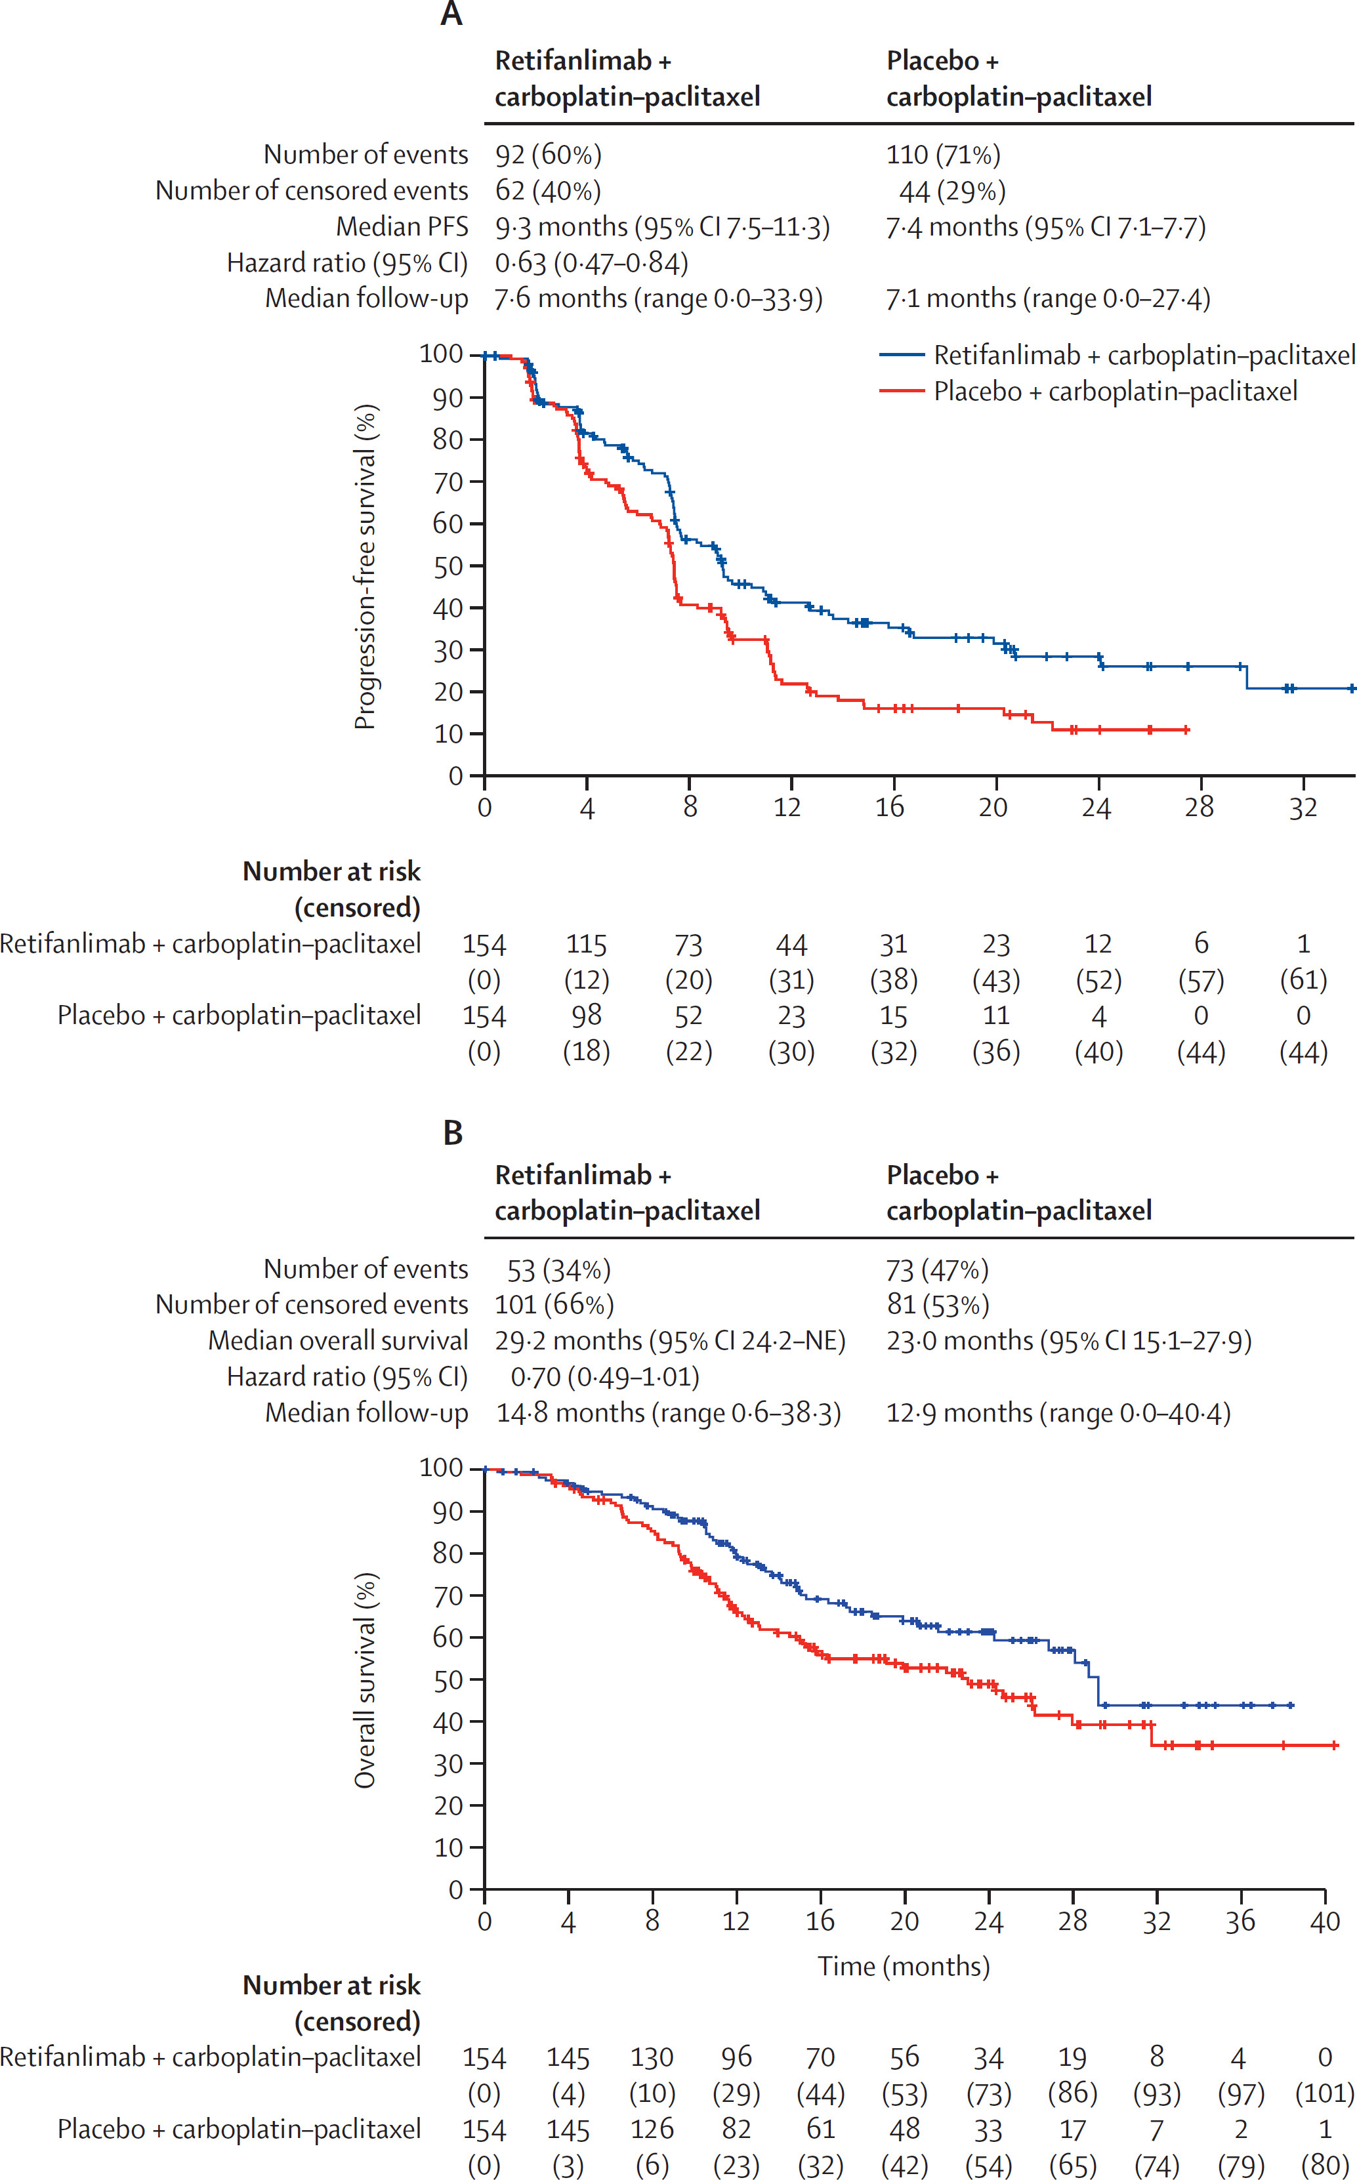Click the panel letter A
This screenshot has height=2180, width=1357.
click(x=451, y=14)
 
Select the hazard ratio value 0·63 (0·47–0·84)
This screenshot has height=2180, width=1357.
click(x=591, y=263)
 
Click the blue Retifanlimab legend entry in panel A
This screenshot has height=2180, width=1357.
click(x=1116, y=356)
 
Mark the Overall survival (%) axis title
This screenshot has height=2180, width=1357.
click(x=364, y=1679)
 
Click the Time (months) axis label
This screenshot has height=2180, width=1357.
click(x=903, y=1965)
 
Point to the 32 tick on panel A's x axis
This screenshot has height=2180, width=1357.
click(x=1303, y=808)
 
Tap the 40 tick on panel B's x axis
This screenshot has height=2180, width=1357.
click(x=1325, y=1921)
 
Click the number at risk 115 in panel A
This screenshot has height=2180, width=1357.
click(x=586, y=944)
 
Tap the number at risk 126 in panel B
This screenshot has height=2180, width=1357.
click(x=652, y=2129)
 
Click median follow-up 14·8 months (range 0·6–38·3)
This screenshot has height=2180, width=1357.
click(x=669, y=1413)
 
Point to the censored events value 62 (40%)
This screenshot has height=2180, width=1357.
click(x=547, y=191)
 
